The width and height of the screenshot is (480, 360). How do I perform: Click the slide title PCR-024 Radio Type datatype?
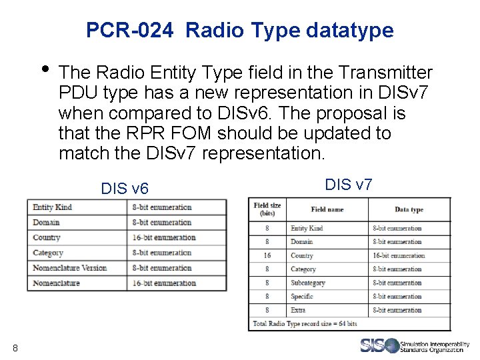coord(240,30)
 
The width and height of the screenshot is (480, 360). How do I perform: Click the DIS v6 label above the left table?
coord(125,189)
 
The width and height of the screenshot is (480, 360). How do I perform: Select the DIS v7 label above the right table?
coord(348,184)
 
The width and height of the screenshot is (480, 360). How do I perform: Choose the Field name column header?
coord(327,209)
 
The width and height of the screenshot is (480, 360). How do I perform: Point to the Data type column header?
coord(409,209)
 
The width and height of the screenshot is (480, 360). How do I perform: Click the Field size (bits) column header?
coord(267,209)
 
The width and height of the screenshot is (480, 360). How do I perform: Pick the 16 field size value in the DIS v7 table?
coord(267,255)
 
